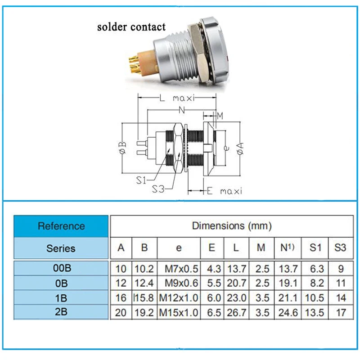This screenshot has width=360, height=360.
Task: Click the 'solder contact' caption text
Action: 131,27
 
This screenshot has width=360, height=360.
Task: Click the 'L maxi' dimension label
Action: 177,98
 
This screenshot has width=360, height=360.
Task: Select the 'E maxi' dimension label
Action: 224,191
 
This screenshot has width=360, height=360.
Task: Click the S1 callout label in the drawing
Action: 141,180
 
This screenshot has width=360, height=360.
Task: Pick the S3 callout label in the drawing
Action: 158,189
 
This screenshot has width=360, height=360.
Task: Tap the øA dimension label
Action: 240,148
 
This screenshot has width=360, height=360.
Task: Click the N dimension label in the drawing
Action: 182,110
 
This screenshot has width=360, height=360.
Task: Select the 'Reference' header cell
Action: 61,226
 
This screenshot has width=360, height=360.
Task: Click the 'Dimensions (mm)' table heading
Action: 232,226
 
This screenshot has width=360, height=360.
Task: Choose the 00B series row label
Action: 62,268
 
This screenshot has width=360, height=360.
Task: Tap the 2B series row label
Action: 61,312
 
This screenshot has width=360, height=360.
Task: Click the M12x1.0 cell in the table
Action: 178,298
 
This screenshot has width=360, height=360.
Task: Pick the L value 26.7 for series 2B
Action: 237,312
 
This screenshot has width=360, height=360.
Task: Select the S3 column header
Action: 340,247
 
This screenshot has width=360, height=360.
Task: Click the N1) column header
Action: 287,247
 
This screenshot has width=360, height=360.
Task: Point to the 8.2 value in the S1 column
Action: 317,283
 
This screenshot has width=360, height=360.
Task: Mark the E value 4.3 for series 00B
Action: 214,269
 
